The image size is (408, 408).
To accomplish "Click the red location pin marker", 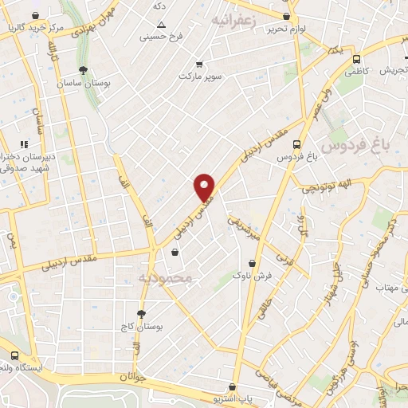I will [x=205, y=187].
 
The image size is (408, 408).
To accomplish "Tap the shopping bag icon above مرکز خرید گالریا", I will [x=33, y=16].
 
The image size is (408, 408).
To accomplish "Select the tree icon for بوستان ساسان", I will [x=83, y=70].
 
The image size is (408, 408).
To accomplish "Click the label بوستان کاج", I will [x=144, y=328].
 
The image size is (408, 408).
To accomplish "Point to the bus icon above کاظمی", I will [x=355, y=58].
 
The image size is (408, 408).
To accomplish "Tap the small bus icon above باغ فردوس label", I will [x=296, y=145].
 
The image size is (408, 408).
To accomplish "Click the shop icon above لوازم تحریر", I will [x=286, y=16].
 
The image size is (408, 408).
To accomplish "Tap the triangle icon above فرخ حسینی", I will [x=160, y=25].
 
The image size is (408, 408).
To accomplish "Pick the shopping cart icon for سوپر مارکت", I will [x=199, y=64].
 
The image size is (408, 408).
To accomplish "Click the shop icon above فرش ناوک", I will [x=252, y=262].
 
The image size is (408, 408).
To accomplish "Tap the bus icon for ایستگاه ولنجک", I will [x=14, y=356].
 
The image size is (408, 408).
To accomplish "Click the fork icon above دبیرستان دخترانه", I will [x=24, y=144].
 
